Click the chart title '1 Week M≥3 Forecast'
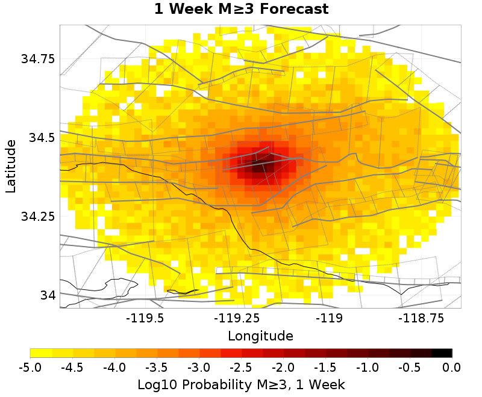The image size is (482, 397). coord(241,9)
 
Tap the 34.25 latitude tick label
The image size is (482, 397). coord(37,217)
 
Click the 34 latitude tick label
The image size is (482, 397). coord(46,295)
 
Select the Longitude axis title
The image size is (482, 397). coord(260,336)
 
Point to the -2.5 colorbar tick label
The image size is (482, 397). coord(241,367)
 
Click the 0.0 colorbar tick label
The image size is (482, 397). coord(452,367)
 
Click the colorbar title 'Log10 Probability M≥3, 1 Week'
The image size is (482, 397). coord(241,384)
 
